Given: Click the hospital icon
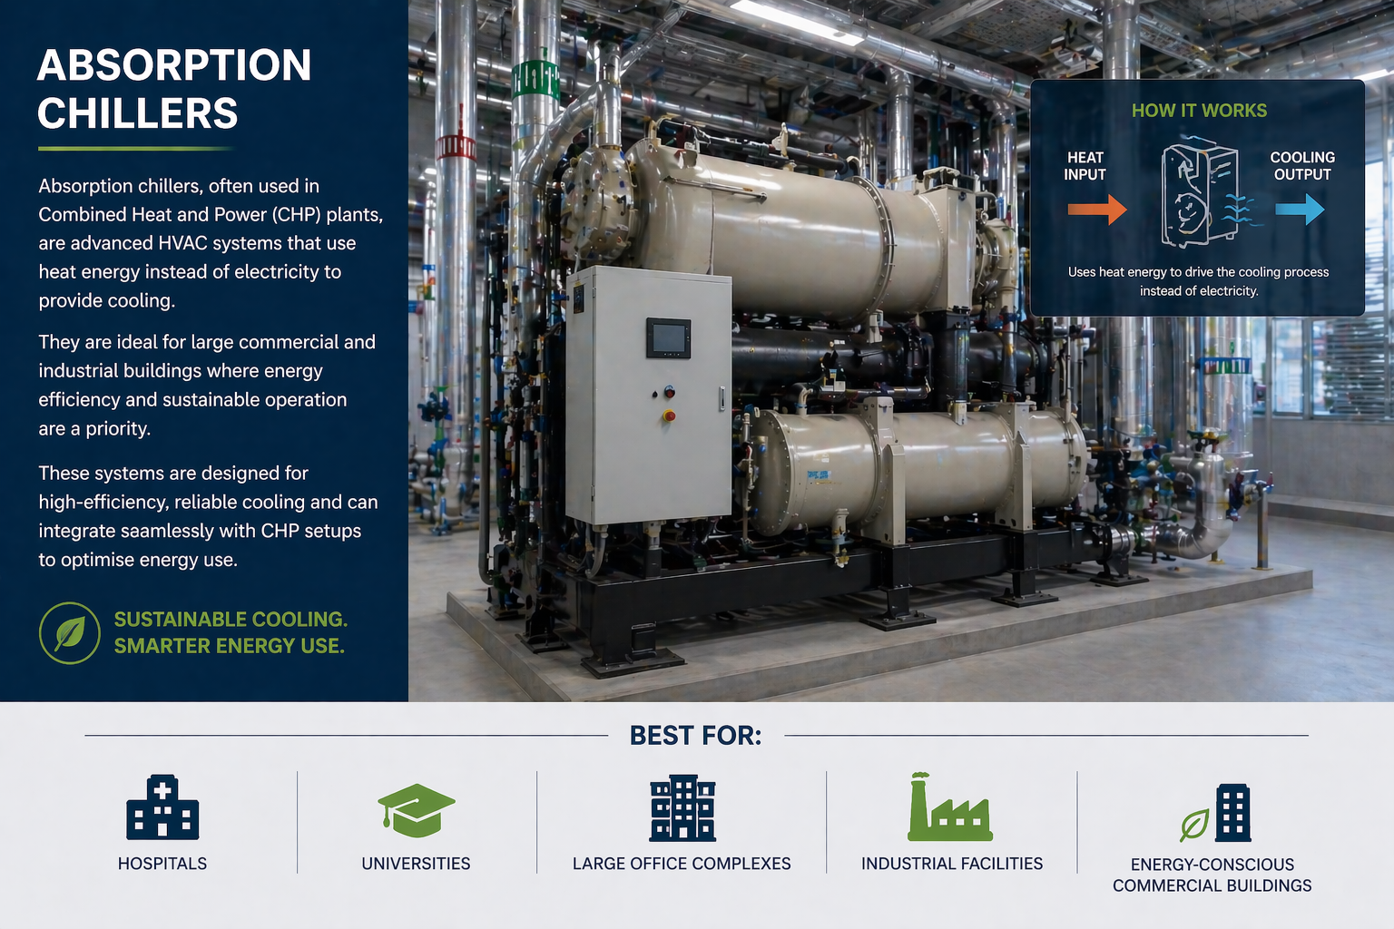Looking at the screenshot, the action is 162,807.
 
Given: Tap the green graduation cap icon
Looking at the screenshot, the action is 416,810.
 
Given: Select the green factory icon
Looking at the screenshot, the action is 949,807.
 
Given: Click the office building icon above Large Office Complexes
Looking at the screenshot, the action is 682,807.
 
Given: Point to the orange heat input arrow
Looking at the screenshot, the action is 1097,209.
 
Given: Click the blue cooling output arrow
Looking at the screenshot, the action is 1300,209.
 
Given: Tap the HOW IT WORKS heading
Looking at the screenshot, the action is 1199,111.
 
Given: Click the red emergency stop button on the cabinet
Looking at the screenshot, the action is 669,416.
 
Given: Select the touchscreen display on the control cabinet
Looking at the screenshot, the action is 668,337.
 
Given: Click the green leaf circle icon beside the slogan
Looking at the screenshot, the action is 70,633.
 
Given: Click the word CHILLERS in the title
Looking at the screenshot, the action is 138,112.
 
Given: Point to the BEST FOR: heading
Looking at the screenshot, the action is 696,736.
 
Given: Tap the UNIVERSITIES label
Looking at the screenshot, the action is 416,864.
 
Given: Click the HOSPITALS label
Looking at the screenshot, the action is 162,864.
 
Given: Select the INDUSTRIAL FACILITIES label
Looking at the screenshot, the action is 951,864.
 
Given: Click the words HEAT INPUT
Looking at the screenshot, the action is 1085,166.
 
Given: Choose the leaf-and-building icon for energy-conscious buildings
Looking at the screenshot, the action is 1215,813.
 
